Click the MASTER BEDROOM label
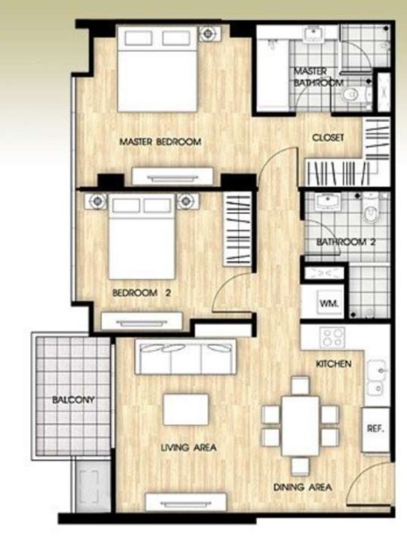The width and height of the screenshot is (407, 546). click(x=160, y=141)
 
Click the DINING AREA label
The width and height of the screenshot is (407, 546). click(x=302, y=488)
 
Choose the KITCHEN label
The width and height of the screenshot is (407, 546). click(x=333, y=364)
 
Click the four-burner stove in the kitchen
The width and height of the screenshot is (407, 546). click(x=333, y=338)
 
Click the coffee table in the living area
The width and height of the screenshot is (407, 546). click(x=186, y=410)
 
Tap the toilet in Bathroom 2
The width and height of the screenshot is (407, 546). click(x=371, y=211)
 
